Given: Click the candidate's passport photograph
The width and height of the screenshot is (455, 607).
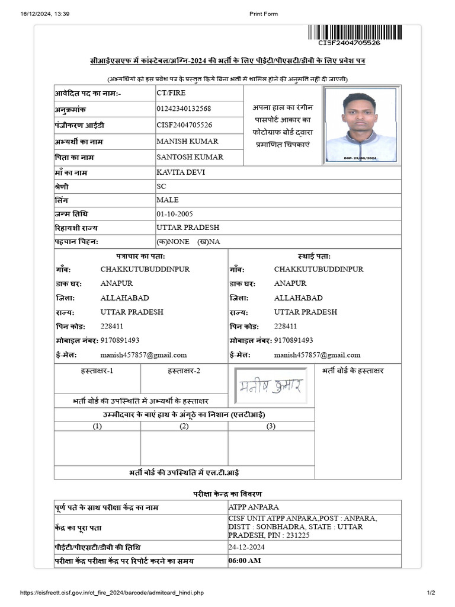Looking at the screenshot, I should click(x=360, y=126).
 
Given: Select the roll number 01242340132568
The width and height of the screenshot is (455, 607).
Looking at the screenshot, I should click(x=184, y=109).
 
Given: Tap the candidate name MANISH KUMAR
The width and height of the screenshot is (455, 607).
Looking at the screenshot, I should click(x=187, y=142).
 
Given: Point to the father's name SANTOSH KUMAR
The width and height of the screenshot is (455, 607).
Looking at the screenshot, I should click(x=189, y=158).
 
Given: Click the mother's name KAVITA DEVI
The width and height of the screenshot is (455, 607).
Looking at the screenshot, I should click(x=181, y=172).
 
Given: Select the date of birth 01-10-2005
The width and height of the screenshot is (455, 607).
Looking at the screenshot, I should click(x=174, y=214).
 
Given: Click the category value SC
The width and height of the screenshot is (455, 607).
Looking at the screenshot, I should click(x=161, y=186).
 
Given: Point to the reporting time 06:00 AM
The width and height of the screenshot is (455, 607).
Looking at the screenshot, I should click(x=244, y=561).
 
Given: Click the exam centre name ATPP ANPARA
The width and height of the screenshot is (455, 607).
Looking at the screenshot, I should click(x=254, y=507).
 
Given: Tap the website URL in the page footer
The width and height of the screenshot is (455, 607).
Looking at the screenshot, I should click(x=113, y=593).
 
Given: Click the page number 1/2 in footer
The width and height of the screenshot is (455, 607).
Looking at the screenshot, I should click(x=431, y=593).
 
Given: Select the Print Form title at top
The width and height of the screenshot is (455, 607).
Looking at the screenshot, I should click(x=263, y=14).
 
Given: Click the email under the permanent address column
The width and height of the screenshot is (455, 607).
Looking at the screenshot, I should click(x=317, y=355).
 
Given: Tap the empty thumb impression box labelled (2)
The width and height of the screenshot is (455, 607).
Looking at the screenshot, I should click(x=184, y=448).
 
